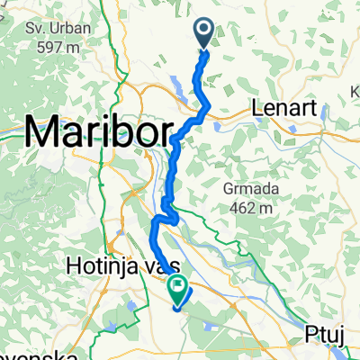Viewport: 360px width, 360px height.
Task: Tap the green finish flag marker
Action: click(177, 290)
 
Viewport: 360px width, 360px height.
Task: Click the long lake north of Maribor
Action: click(176, 86)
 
